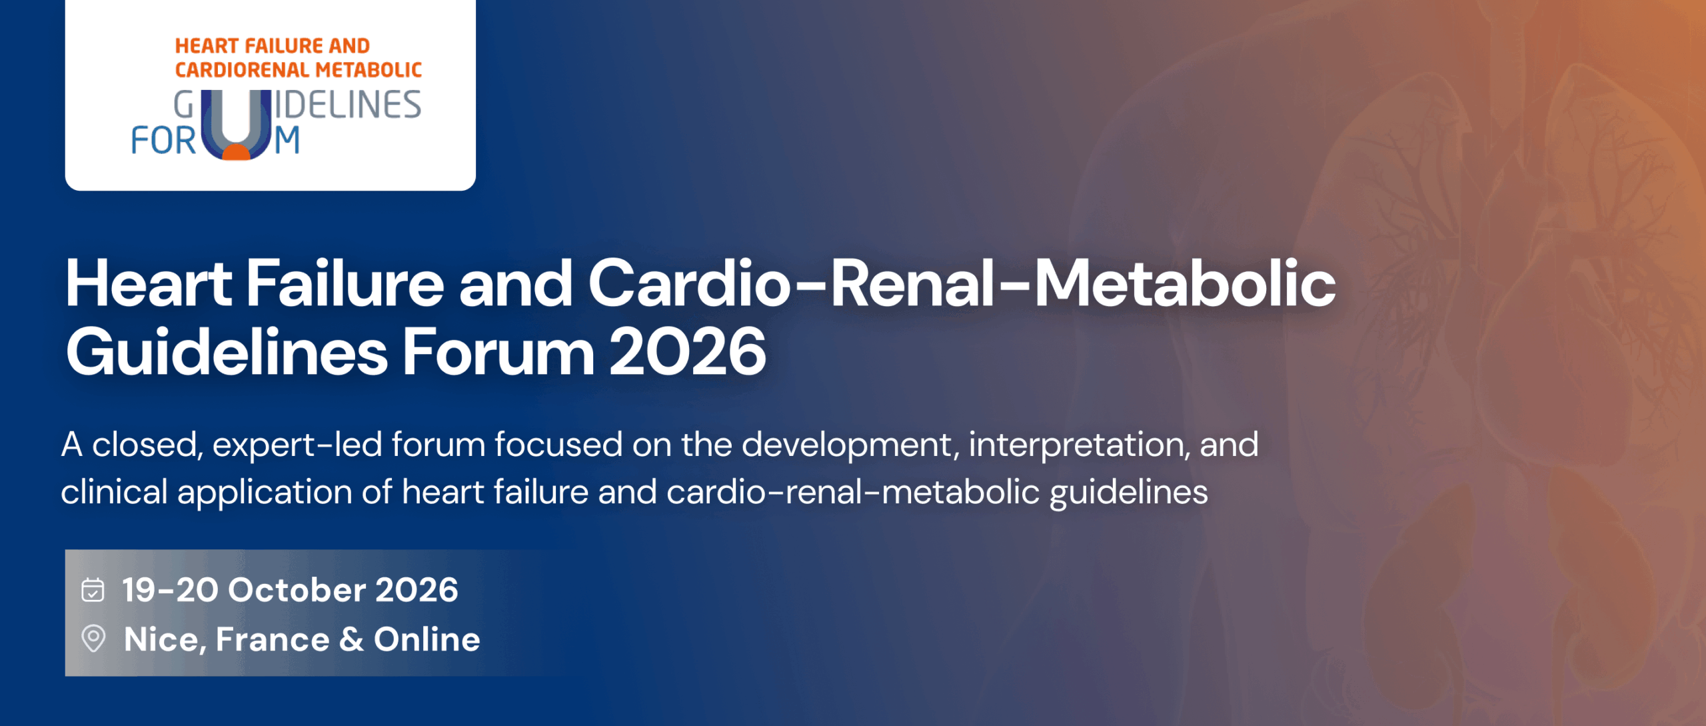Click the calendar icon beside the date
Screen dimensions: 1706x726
click(x=93, y=590)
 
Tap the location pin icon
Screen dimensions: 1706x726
click(x=93, y=639)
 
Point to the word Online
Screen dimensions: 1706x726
click(x=426, y=639)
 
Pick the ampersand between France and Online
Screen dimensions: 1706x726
click(x=351, y=639)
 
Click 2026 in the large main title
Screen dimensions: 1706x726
click(x=687, y=352)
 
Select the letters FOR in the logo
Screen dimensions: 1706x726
click(x=164, y=141)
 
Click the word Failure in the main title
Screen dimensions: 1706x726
click(x=345, y=283)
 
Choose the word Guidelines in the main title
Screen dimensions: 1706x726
click(x=227, y=352)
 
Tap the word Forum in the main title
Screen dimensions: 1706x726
click(x=498, y=352)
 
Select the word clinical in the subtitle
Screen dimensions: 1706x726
click(x=114, y=492)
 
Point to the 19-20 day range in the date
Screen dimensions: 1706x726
click(x=170, y=590)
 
